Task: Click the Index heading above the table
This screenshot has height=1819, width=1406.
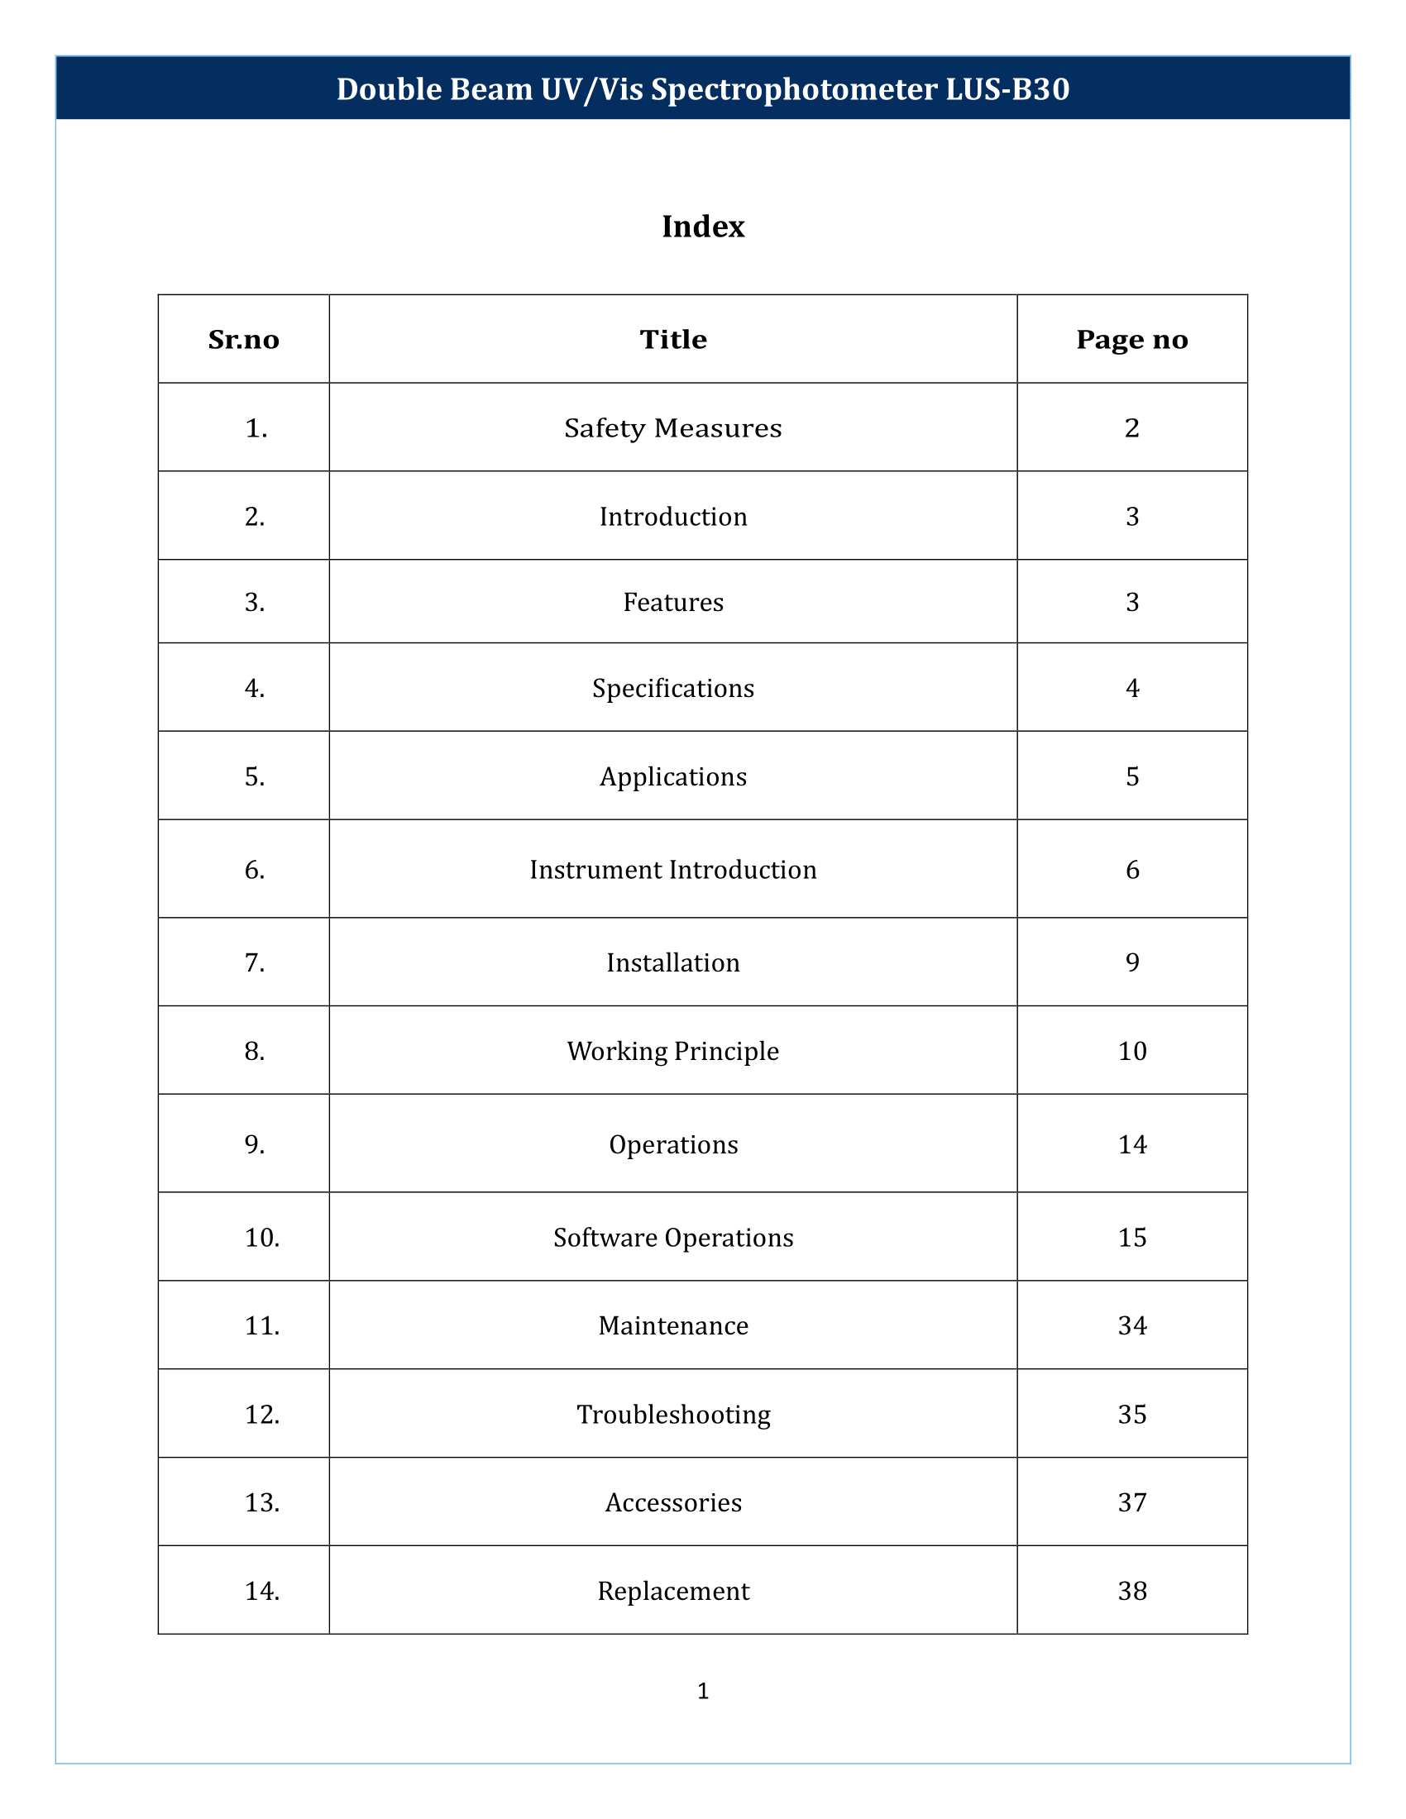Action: [703, 227]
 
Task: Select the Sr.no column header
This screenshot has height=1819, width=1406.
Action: [243, 340]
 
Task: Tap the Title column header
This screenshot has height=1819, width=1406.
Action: [673, 340]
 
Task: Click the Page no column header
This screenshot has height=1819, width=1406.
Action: [1132, 340]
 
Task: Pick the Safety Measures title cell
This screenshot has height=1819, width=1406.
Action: [673, 428]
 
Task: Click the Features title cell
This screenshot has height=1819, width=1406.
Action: [673, 602]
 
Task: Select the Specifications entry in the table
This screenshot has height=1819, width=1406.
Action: [673, 689]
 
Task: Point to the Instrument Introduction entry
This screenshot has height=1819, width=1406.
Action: [673, 871]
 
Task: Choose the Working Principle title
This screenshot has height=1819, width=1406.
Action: [673, 1051]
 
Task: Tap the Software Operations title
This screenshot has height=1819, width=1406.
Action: [673, 1238]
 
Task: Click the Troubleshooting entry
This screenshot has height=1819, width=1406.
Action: [673, 1414]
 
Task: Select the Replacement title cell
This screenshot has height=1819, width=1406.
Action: [673, 1591]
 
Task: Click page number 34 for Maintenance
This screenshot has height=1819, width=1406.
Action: [1132, 1325]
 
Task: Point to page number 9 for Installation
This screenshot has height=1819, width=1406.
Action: [1132, 962]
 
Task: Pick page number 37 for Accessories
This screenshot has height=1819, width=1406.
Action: [1132, 1502]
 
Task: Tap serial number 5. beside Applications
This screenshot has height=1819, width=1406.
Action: [255, 777]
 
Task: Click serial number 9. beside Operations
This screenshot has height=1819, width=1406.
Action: [255, 1145]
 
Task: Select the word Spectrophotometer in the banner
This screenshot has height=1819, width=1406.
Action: [794, 89]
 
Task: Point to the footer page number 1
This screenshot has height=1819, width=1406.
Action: [703, 1691]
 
